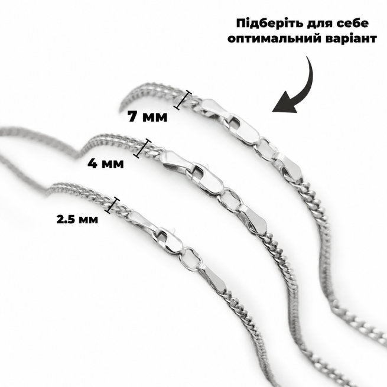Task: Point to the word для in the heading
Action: point(318,24)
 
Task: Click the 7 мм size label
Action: point(147,116)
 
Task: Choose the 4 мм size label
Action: point(106,163)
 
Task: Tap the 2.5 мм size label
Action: point(77,219)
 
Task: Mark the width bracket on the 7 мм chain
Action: point(183,99)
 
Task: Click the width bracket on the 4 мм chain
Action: point(142,148)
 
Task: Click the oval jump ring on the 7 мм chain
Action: point(266,151)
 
